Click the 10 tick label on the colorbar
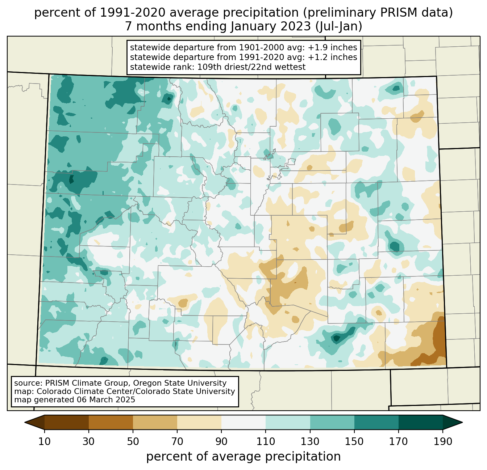click(45, 441)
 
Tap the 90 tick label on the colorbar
click(221, 441)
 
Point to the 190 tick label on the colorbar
click(443, 441)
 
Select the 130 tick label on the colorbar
click(310, 441)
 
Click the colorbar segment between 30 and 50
click(111, 422)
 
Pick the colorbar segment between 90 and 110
click(243, 422)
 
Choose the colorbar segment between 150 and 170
click(376, 422)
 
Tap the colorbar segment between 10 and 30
click(67, 422)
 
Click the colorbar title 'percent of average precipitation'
click(243, 457)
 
